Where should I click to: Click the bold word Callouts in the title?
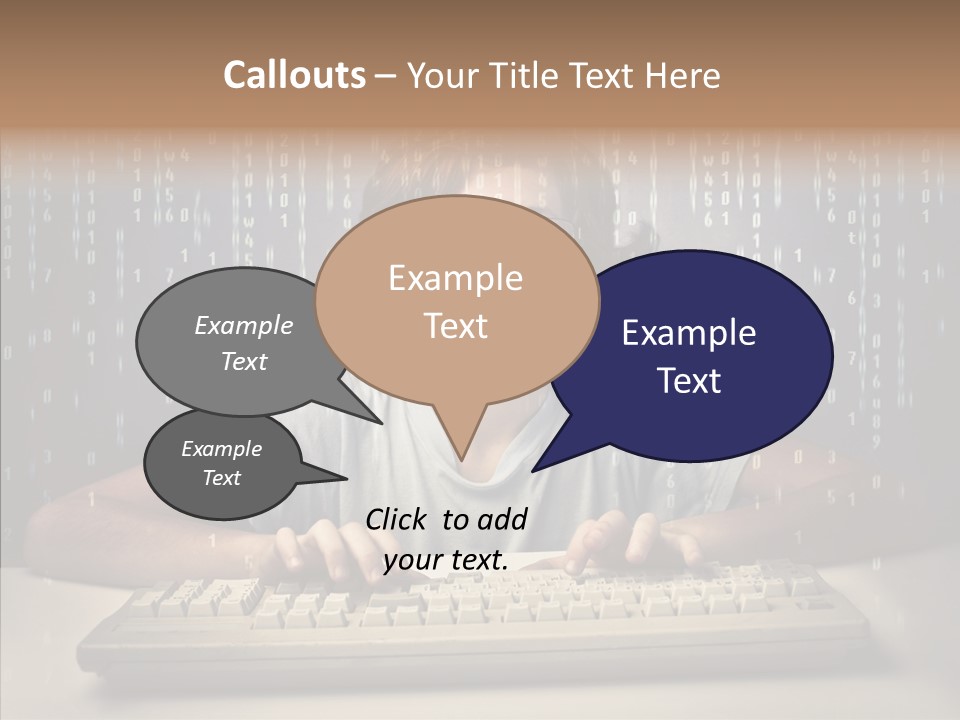point(294,75)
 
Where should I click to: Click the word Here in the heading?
point(680,75)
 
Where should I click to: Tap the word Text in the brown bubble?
point(455,325)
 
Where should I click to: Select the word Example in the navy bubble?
point(689,333)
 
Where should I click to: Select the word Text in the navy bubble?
point(689,381)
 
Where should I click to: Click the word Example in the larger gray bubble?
point(244,325)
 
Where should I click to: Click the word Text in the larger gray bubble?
point(244,361)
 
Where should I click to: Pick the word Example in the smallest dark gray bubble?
point(222,449)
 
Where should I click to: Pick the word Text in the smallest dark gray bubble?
point(222,478)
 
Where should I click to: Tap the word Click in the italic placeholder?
point(398,519)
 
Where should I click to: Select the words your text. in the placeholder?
point(446,560)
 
